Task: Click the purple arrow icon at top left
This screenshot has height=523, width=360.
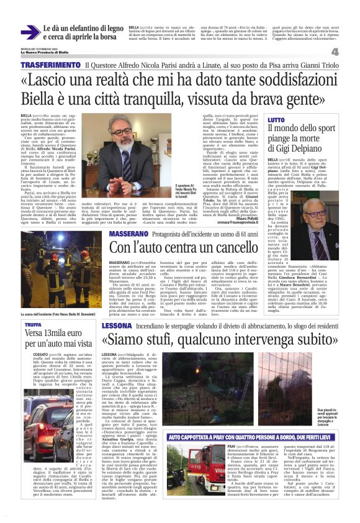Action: (x=30, y=32)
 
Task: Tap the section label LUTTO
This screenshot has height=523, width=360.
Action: (x=277, y=119)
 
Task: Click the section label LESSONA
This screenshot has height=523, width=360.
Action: (x=117, y=325)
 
